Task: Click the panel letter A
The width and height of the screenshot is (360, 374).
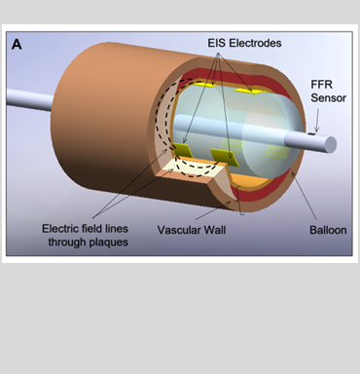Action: [17, 44]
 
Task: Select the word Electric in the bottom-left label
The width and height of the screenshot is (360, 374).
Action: [62, 229]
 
